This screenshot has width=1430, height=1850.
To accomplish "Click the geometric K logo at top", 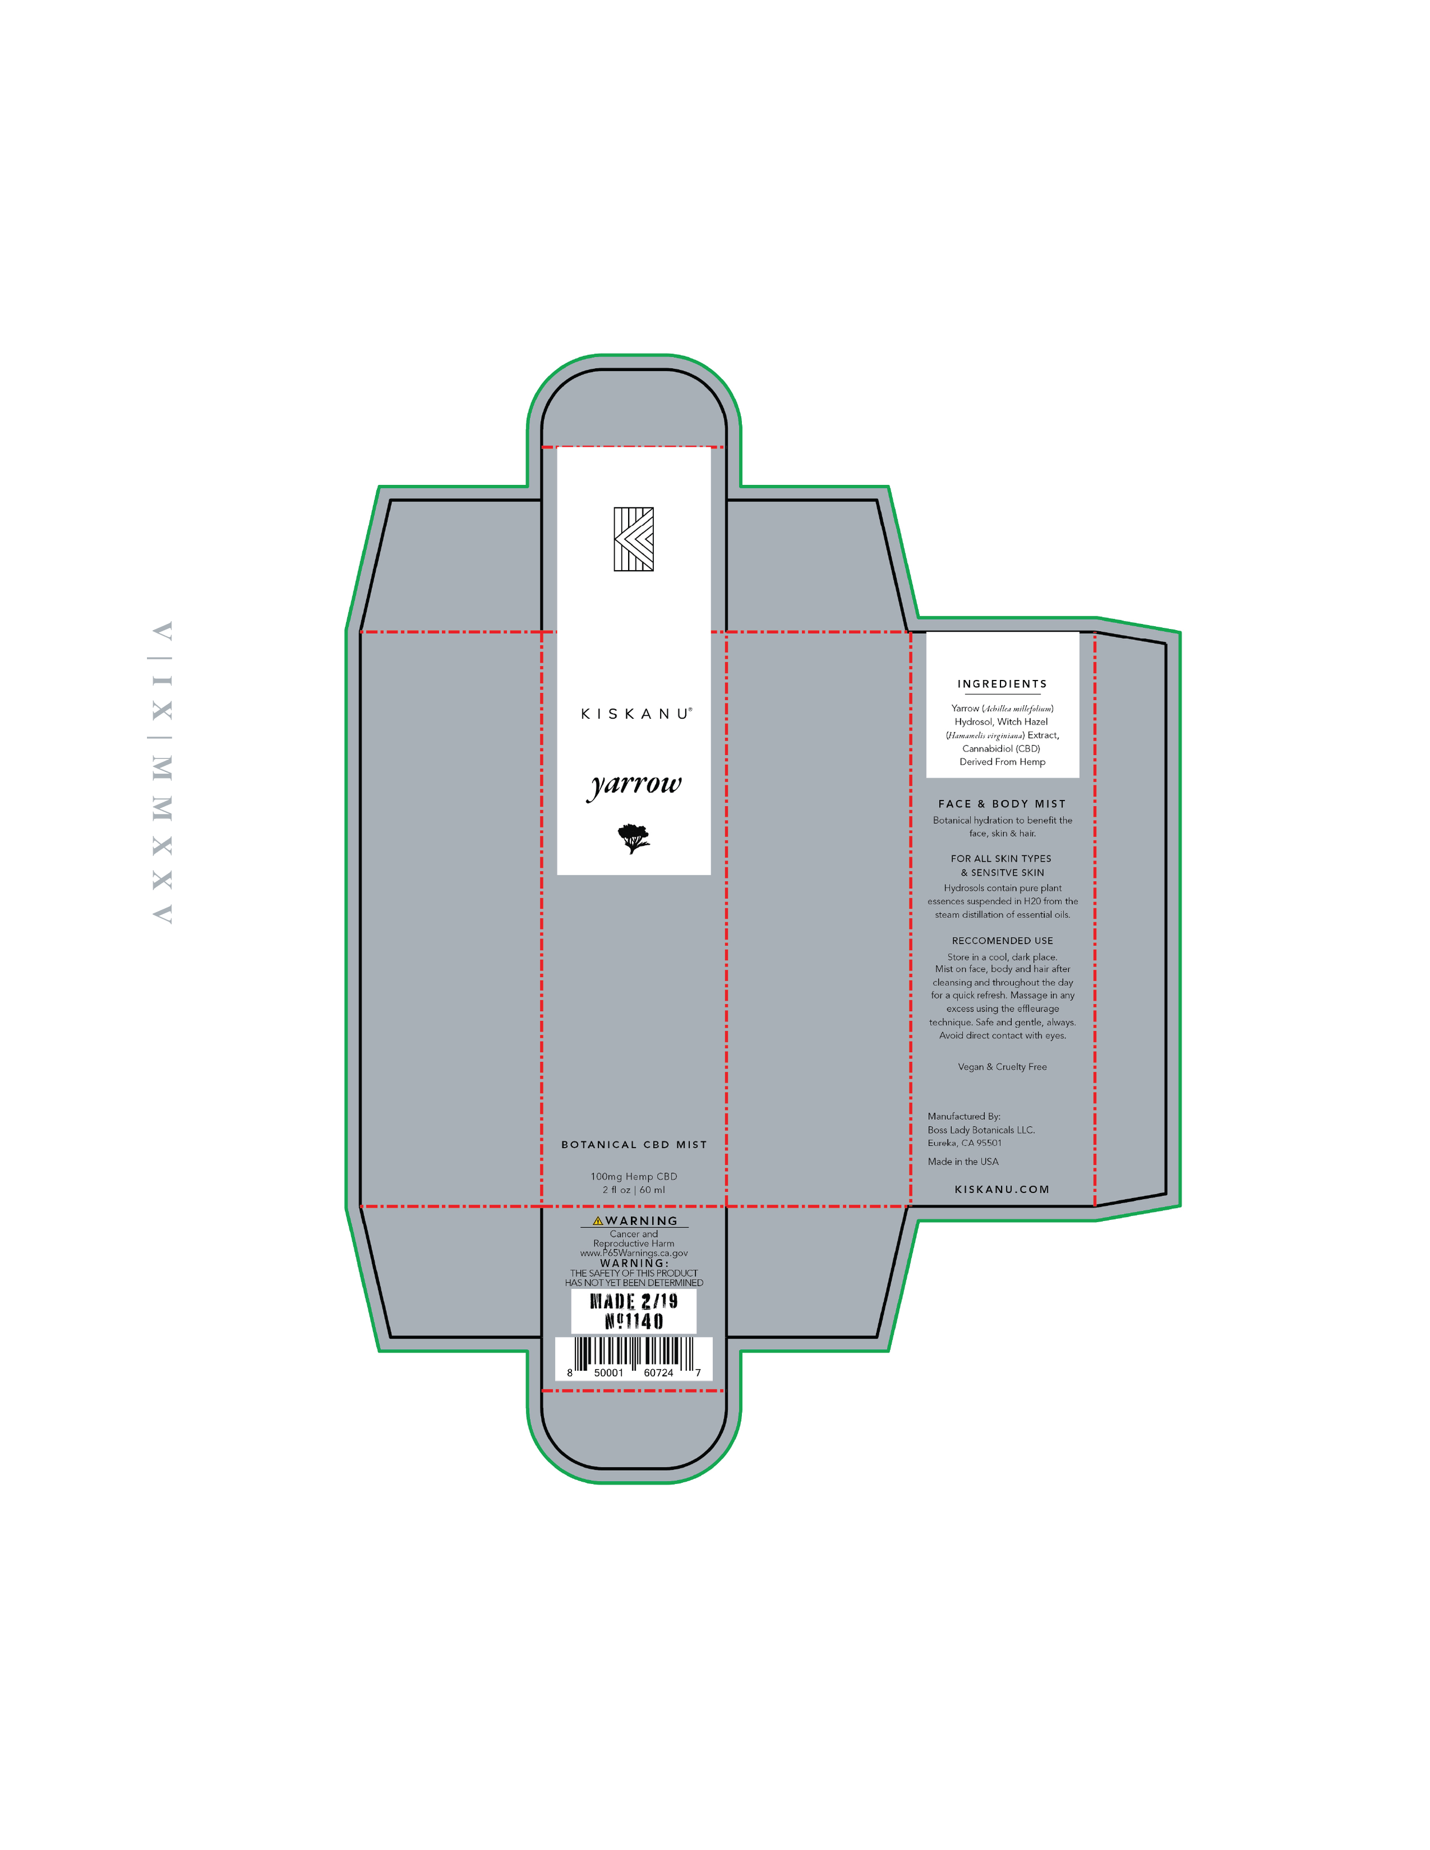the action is click(x=634, y=539).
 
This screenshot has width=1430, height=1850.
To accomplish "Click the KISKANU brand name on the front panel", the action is click(x=636, y=714).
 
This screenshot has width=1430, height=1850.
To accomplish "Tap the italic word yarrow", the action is click(x=634, y=785).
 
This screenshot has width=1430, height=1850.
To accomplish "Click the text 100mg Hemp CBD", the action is click(x=634, y=1176).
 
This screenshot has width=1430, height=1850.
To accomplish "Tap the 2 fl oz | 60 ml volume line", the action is click(x=634, y=1190).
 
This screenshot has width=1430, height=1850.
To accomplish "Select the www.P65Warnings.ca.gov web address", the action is click(x=634, y=1253).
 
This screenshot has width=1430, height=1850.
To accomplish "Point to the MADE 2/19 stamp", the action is click(x=634, y=1301).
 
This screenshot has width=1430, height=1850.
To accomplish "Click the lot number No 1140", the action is click(x=634, y=1322).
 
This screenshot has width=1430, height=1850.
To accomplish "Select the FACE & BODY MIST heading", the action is click(x=1002, y=804).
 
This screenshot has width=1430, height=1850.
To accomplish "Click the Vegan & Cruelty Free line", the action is click(x=1002, y=1067).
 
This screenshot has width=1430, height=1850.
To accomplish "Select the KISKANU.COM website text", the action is click(x=1002, y=1189).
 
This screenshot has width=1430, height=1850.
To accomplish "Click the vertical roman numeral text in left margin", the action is click(x=162, y=773).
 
